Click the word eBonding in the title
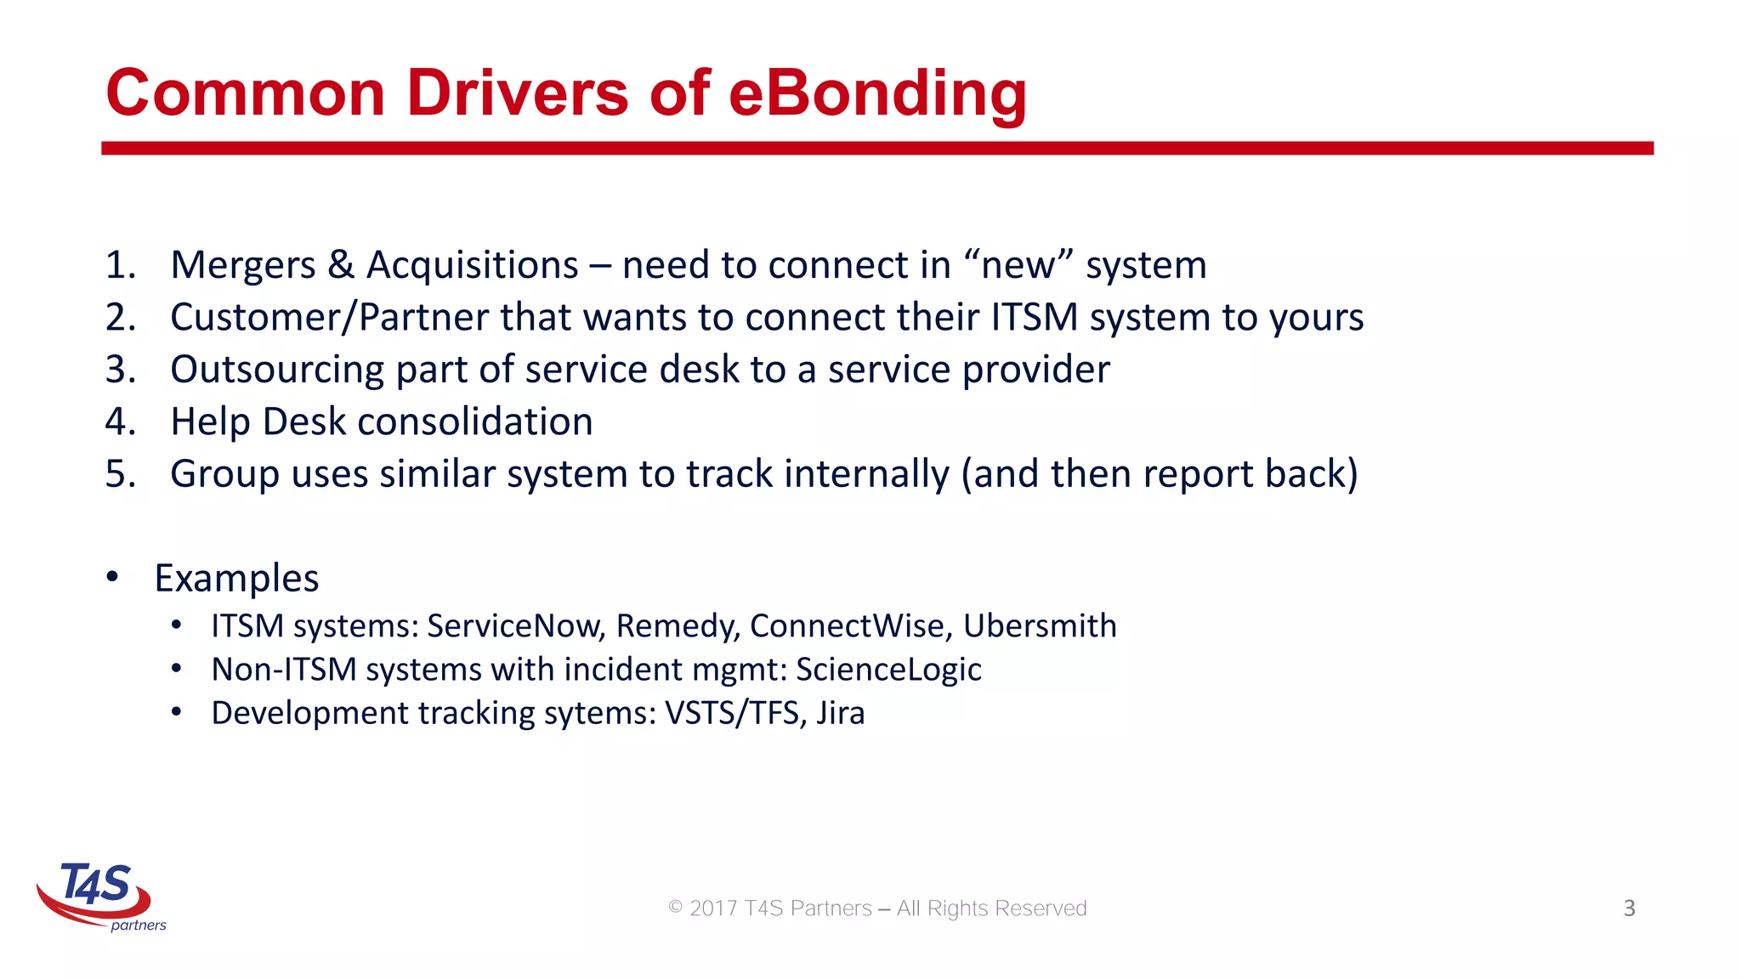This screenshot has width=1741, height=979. (877, 93)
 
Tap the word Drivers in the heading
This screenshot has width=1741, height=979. (517, 93)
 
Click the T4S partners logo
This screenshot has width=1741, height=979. (99, 896)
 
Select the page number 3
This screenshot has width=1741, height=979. (1629, 908)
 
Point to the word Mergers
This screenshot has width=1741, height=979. (243, 265)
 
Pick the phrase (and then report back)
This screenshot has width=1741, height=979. (1160, 474)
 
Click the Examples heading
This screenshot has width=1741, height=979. (236, 579)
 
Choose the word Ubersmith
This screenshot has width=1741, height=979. (1040, 626)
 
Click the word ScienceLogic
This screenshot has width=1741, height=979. (888, 670)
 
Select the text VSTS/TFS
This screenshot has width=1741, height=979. (731, 713)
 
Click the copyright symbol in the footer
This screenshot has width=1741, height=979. (676, 908)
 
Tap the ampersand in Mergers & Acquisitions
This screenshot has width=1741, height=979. (340, 265)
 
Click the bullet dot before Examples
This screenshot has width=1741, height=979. (113, 577)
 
